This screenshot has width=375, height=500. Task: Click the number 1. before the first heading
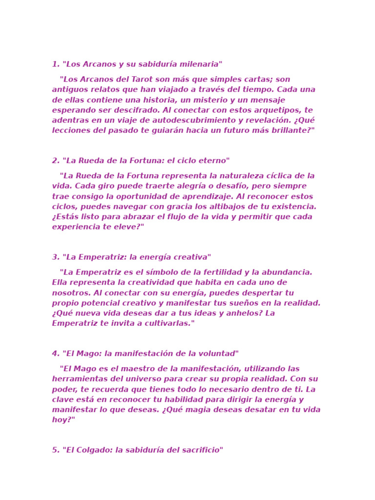coord(55,64)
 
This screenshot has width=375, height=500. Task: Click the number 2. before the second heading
coord(56,161)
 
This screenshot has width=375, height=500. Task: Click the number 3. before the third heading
coord(56,257)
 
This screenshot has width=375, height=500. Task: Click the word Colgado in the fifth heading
coord(96,450)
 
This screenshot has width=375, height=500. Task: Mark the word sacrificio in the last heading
coord(200,450)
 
